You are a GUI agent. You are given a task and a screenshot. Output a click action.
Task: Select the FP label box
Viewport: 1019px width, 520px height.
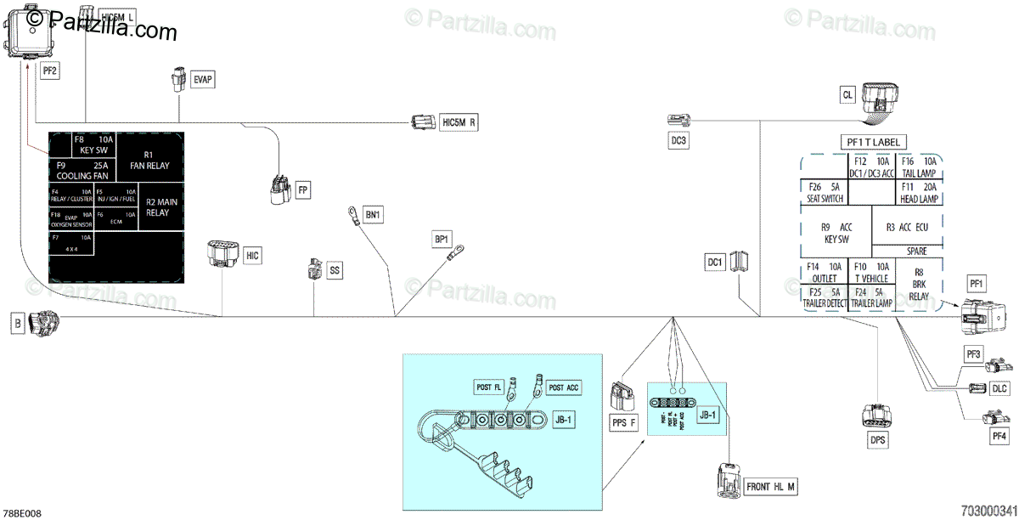[x=301, y=190]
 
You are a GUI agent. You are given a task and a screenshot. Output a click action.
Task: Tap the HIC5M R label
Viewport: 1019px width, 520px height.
[x=459, y=123]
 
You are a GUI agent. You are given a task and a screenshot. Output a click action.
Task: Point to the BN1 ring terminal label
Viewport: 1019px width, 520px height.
[x=374, y=215]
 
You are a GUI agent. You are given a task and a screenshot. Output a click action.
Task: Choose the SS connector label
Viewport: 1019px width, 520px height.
[x=335, y=270]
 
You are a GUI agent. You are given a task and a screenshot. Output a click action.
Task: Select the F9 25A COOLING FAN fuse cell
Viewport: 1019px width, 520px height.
[x=82, y=170]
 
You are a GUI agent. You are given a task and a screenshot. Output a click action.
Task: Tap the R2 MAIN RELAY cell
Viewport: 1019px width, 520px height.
[x=157, y=207]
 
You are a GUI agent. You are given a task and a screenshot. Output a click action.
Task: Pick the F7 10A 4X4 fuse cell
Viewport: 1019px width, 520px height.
[x=71, y=244]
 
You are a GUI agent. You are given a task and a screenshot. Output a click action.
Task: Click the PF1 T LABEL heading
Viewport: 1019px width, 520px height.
[x=873, y=142]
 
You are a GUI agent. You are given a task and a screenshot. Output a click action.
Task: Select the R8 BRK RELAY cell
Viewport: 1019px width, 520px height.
[x=919, y=285]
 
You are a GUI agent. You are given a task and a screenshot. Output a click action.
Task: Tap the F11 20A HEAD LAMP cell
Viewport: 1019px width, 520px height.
[x=919, y=193]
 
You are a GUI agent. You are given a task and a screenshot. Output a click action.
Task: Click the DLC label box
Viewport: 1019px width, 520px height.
[x=999, y=388]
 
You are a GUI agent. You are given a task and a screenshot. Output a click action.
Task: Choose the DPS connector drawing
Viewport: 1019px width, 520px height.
[x=876, y=416]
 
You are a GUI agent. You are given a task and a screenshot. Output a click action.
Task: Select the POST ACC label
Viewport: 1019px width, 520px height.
[x=564, y=387]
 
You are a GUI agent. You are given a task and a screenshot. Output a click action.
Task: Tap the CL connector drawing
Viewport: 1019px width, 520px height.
[x=881, y=99]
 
